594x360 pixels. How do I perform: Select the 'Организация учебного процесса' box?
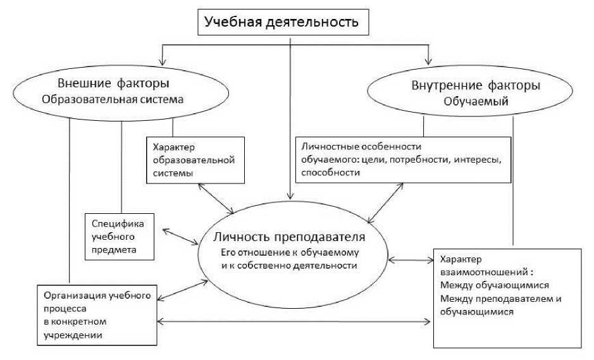[x=96, y=314]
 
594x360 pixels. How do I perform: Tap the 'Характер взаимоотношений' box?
[x=506, y=297]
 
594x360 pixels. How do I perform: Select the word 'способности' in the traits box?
[x=326, y=171]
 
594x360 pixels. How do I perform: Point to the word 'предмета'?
[x=114, y=250]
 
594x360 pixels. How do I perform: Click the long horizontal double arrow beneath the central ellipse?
[x=295, y=323]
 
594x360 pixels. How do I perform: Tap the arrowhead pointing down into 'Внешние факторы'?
[x=164, y=62]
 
